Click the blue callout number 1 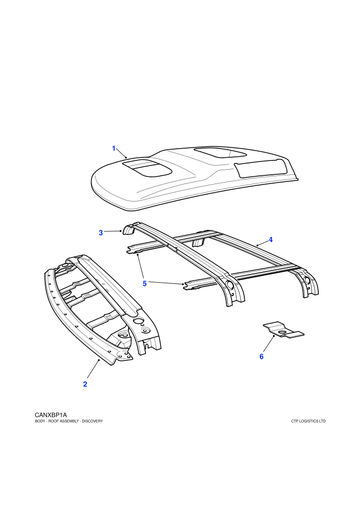coord(114,149)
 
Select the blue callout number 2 coord(85,384)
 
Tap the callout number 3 coord(101,233)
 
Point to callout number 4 coord(271,240)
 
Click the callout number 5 coord(145,283)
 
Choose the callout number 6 coord(261,356)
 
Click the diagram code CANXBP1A coord(50,415)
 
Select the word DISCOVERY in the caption coord(92,421)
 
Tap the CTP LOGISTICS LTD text coord(309,421)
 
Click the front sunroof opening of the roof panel coord(147,168)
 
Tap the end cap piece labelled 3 coord(128,230)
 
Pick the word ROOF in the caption coord(53,421)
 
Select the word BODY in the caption coord(40,421)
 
